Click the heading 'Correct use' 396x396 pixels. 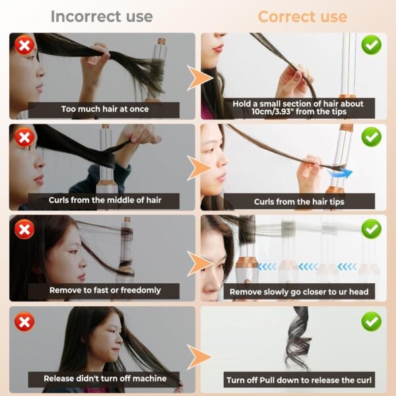[x=302, y=16]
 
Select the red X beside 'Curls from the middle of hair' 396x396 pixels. [x=25, y=137]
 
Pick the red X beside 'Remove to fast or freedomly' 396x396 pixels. [x=25, y=229]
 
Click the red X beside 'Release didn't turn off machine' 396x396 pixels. [x=25, y=321]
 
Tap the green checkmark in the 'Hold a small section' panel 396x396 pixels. [x=372, y=46]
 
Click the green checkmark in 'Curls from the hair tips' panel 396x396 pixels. [x=372, y=137]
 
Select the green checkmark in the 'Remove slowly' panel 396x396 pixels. [x=372, y=228]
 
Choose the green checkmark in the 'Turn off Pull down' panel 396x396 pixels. [x=372, y=321]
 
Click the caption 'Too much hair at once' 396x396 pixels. [x=105, y=110]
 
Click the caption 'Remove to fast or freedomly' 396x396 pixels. [x=105, y=290]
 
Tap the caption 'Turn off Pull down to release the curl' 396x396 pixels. [x=299, y=380]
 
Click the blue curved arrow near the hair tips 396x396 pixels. [x=339, y=174]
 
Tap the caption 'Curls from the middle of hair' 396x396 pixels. [x=105, y=199]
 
